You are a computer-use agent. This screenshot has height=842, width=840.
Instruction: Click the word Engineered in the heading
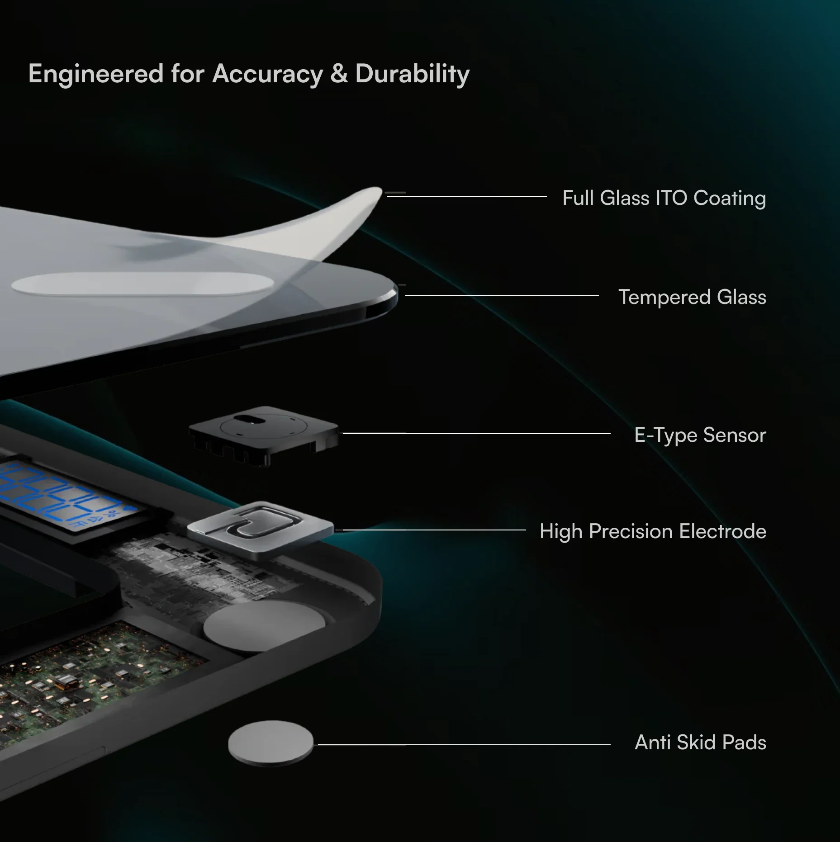point(96,74)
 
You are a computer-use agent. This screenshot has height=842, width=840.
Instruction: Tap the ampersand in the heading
point(339,73)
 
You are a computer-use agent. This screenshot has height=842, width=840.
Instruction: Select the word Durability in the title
point(413,74)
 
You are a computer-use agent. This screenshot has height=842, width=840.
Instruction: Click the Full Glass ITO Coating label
point(664,198)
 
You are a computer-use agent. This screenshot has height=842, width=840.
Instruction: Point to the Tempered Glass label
point(692,297)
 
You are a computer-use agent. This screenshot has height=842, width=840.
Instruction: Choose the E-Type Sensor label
point(700,435)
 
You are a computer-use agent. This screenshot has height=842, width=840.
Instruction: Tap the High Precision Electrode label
point(653,531)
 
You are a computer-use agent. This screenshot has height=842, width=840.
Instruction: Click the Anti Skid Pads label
point(700,742)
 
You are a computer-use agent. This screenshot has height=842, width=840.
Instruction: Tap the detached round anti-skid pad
point(271,743)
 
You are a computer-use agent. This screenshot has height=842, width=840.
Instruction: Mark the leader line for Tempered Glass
point(502,296)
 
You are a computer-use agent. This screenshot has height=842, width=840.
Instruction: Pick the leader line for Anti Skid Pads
point(464,744)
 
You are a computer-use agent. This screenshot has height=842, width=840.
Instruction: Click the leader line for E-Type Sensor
point(477,433)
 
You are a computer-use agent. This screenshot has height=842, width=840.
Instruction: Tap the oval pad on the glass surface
point(142,284)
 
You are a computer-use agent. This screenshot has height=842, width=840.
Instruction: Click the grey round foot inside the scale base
point(265,626)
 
